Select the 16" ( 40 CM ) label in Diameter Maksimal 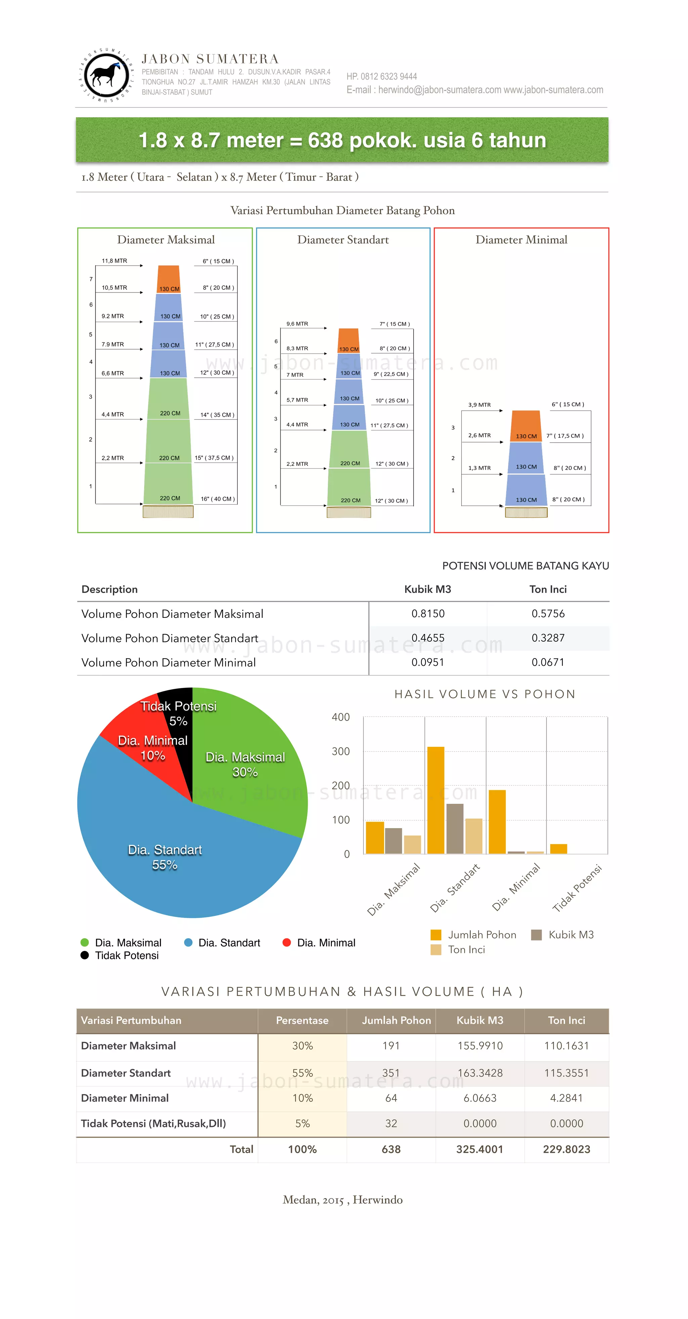(x=218, y=499)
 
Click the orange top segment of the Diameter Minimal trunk (x=526, y=425)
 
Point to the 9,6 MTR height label (x=297, y=324)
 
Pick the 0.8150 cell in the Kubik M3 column (x=428, y=613)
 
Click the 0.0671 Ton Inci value (x=548, y=662)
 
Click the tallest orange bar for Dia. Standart (x=435, y=800)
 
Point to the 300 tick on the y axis (x=341, y=751)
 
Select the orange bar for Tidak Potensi (x=558, y=849)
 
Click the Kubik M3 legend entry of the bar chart (x=563, y=935)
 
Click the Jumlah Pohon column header (x=396, y=1020)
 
